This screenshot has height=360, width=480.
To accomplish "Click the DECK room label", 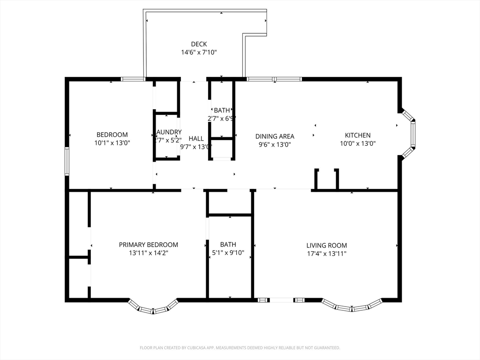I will coord(199,44).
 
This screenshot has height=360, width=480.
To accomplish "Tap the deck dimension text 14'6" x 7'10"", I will coord(199,52).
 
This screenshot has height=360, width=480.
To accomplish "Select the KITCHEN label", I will coord(358,135).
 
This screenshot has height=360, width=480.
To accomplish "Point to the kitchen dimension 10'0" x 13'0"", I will coord(358,144).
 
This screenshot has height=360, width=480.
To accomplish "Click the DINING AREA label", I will coord(275,136).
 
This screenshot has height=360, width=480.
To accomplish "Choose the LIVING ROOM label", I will coord(327,245).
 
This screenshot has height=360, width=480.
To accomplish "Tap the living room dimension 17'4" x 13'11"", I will coord(327,254).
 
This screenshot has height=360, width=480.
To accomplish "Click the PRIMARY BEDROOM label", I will coord(148,245).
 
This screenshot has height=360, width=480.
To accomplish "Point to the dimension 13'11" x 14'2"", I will coord(148,253).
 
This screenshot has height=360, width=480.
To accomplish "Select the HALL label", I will coord(196,138).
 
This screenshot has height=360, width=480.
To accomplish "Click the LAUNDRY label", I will coord(168,132).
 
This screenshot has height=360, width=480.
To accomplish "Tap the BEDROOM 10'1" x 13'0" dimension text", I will coord(112,143).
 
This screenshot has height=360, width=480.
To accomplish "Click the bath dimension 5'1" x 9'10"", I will coord(228,253).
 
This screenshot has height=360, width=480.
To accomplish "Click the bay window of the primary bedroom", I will coord(153,308).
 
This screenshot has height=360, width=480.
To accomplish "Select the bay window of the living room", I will coord(352,307).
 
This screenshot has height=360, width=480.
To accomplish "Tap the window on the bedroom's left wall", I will coord(67,162).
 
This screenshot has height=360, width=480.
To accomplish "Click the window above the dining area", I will coord(274,79).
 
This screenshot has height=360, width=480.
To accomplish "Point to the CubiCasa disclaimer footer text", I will coord(240,348).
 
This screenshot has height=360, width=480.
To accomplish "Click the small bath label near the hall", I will coord(222,110).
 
